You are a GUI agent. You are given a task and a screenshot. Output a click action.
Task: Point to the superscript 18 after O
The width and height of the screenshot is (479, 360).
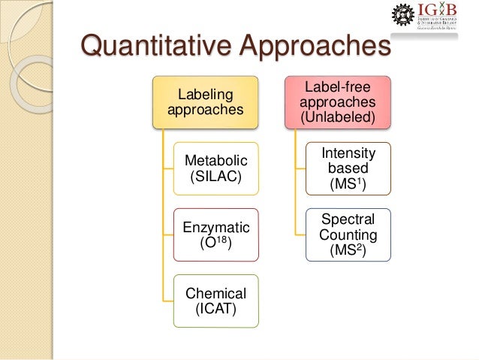pyautogui.click(x=226, y=240)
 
